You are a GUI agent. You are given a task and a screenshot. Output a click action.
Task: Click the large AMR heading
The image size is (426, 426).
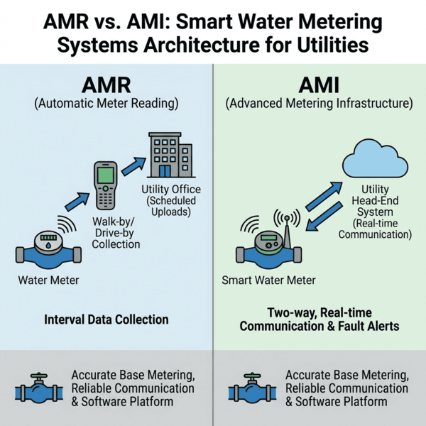tap(106, 84)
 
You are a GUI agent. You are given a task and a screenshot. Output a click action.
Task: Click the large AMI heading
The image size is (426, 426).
tap(319, 84)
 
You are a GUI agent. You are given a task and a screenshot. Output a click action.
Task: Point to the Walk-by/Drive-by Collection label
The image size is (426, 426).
tap(116, 232)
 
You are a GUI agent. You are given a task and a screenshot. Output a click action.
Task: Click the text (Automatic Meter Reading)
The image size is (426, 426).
tap(106, 104)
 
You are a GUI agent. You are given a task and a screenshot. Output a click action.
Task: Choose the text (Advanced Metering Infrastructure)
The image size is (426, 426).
tap(319, 104)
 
